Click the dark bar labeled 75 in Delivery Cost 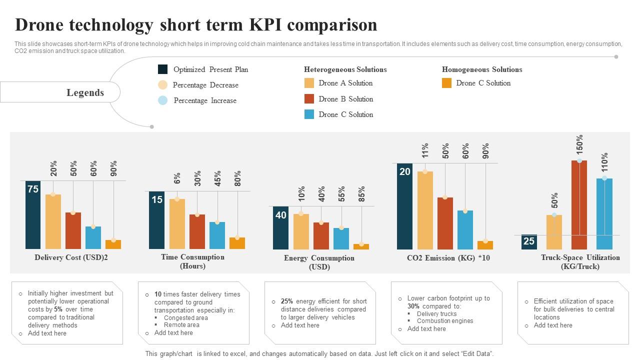pos(33,215)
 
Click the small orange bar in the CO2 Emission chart pos(485,245)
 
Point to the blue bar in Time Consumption pos(217,235)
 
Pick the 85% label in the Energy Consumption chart pos(361,194)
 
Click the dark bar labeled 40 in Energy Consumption pos(280,228)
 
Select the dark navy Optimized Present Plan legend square pos(162,69)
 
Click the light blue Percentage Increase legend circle pos(162,100)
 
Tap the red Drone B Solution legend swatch pos(309,99)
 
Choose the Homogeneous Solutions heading pos(481,69)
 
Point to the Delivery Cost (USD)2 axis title pos(71,257)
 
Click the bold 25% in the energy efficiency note pos(287,301)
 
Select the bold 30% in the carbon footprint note pos(413,306)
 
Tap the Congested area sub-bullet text pos(185,318)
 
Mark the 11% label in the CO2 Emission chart pos(425,150)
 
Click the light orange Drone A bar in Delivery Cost pos(53,221)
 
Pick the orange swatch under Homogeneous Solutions pos(446,83)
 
